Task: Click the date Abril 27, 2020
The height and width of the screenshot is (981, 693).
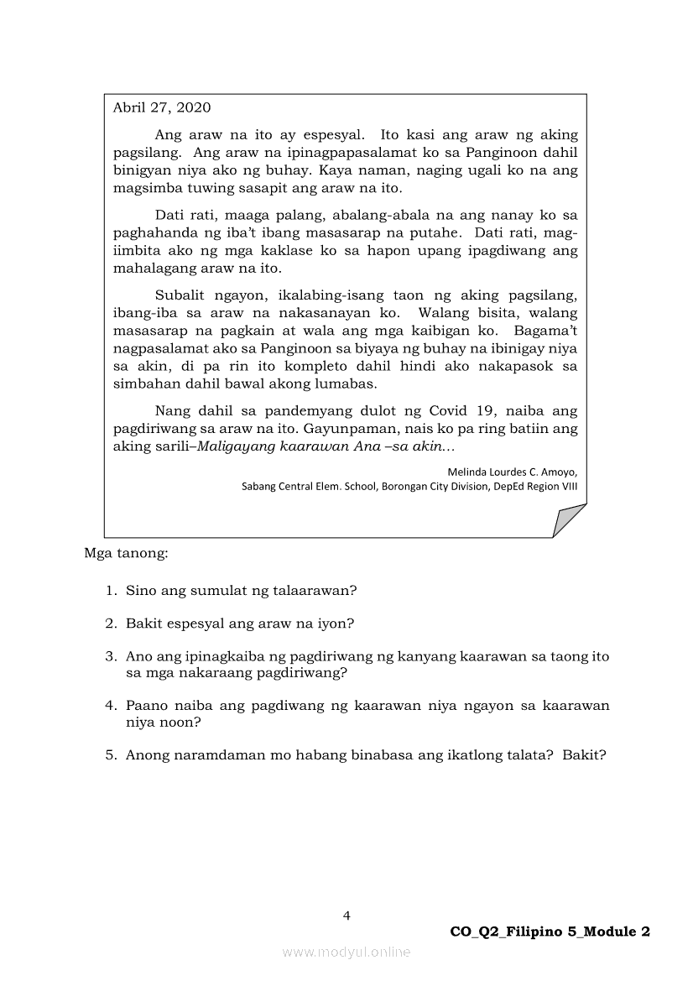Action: [x=162, y=107]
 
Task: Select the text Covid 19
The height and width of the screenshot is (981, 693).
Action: [x=459, y=410]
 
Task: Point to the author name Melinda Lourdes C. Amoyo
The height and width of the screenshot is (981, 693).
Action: [x=512, y=472]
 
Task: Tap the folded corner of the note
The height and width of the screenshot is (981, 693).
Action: [x=568, y=521]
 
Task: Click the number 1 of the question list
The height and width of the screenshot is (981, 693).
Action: [x=110, y=590]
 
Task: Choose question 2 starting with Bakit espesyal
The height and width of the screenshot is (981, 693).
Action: [x=239, y=624]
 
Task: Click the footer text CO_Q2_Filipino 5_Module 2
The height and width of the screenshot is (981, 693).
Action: [x=550, y=931]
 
